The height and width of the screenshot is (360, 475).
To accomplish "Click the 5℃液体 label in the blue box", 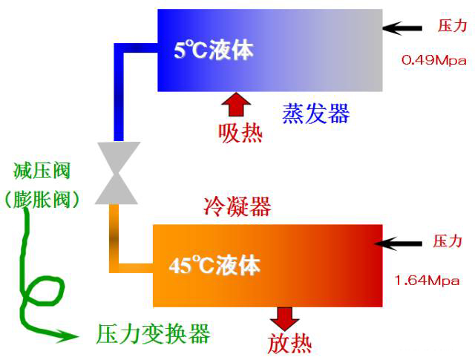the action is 214,50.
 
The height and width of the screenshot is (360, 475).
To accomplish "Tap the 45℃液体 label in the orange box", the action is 214,266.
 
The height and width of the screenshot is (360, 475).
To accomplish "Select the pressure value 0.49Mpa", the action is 433,60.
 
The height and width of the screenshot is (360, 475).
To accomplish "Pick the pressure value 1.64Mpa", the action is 427,280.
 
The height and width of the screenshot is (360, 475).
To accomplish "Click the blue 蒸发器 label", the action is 316,114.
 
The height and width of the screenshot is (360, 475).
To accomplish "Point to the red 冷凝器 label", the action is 237,206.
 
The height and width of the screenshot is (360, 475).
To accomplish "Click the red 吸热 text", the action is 240,133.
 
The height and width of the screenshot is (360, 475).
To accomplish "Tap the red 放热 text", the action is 289,344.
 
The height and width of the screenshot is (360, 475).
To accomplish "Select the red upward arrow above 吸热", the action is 236,104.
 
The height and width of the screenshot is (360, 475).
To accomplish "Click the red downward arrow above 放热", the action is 285,318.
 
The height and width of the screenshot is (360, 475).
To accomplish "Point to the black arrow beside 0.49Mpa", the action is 402,28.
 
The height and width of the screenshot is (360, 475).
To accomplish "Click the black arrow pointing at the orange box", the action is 398,243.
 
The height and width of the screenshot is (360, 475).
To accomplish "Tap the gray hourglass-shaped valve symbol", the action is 117,173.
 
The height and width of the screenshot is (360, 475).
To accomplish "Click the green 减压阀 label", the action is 42,171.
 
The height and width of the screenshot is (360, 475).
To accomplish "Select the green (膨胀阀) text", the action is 42,199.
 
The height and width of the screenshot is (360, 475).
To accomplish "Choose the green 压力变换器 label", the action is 153,334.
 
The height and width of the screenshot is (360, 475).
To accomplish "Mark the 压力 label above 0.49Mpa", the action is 452,25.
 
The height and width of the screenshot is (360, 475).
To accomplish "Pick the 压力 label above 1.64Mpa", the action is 447,241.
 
